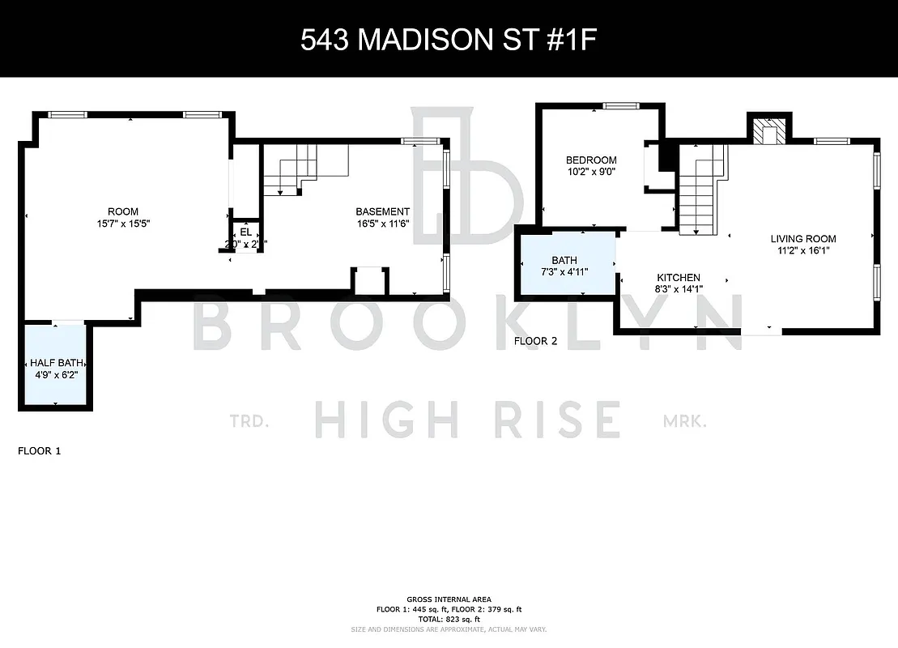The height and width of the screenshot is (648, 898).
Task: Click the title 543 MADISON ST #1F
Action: coord(448,40)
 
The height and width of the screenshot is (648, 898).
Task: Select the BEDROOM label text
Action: coord(591,160)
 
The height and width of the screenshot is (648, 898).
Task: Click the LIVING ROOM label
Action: coord(802,239)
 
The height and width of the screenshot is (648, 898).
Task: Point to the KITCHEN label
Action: coord(677,277)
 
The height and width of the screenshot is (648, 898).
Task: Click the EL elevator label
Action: coord(246,232)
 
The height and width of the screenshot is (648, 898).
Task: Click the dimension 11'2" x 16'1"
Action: coord(802,250)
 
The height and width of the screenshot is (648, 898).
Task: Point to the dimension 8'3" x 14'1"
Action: coord(678,288)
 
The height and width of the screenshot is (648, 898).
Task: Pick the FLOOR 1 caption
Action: coord(39,450)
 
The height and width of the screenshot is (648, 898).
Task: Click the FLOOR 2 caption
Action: coord(536,341)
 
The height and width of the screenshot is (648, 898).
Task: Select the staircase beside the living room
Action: coord(697,190)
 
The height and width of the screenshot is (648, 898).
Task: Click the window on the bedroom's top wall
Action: coord(621,105)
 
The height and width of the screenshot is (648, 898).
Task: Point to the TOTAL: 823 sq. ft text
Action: coord(448,619)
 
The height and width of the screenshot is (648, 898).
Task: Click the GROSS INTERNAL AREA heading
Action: coord(448,599)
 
